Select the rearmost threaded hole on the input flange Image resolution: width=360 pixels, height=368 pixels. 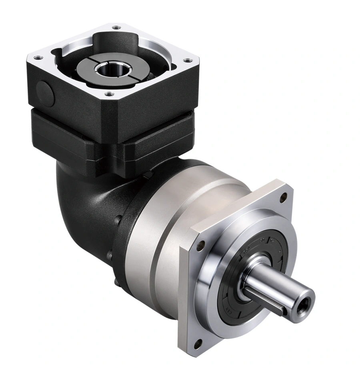tap(116, 28)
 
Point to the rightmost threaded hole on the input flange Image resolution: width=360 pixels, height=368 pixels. tap(186, 61)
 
